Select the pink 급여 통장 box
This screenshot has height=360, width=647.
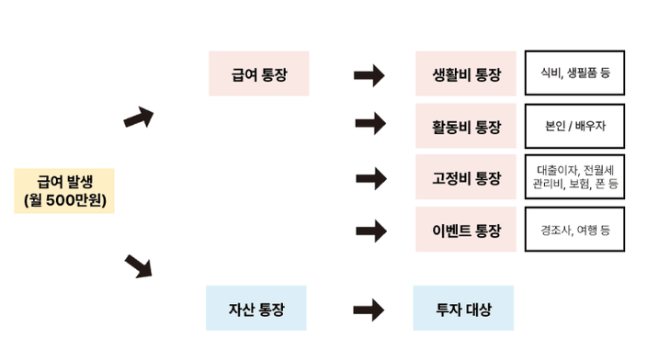click(x=257, y=74)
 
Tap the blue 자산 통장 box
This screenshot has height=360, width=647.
click(x=255, y=309)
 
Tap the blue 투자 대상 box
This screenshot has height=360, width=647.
click(x=463, y=309)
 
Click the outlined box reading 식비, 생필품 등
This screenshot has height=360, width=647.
click(x=575, y=73)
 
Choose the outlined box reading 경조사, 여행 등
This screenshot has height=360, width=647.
click(x=575, y=230)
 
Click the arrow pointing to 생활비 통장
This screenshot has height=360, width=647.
click(x=369, y=74)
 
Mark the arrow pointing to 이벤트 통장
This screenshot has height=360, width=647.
click(x=369, y=229)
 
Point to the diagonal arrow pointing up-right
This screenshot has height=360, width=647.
click(x=139, y=118)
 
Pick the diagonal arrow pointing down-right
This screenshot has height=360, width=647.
click(x=139, y=266)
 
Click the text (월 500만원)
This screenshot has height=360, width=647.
click(x=63, y=200)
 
